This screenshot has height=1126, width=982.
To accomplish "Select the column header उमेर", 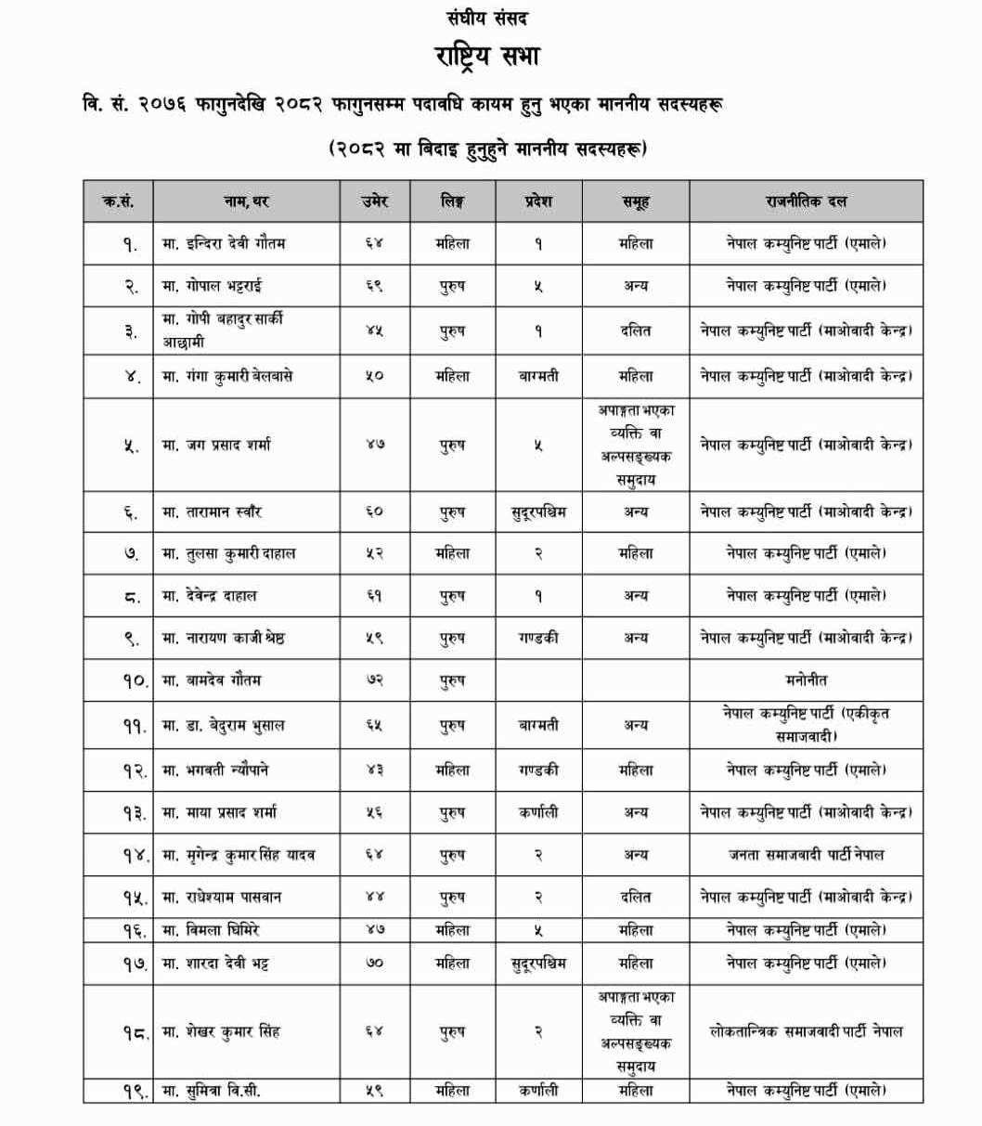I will [x=373, y=201].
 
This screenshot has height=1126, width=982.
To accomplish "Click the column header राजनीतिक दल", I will [x=806, y=201].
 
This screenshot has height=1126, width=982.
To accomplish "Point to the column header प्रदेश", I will [x=537, y=201].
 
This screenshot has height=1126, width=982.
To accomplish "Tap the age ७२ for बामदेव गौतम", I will [x=373, y=680].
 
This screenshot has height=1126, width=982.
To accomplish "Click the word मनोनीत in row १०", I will [x=806, y=680].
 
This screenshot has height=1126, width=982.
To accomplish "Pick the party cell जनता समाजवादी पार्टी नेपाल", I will [x=806, y=855].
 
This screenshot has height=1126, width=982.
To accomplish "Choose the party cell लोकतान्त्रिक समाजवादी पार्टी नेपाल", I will [x=806, y=1031].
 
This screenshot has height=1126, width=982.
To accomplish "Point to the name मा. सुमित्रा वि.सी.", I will [x=212, y=1092].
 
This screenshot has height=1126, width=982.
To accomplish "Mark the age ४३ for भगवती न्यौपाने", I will [x=373, y=770].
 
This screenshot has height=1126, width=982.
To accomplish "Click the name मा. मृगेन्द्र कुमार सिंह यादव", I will [x=239, y=855].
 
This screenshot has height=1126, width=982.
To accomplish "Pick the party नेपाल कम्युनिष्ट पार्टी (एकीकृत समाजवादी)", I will [x=806, y=724].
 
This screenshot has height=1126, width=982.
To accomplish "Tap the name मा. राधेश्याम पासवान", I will [x=222, y=898].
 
